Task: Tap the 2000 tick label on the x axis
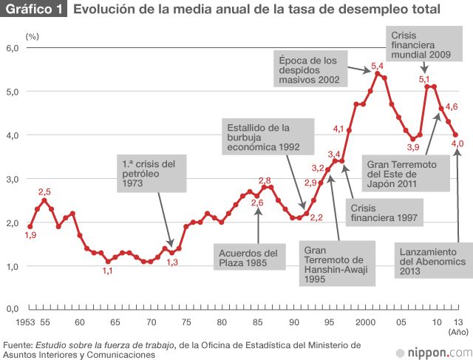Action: tap(365, 322)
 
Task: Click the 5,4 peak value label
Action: tap(377, 67)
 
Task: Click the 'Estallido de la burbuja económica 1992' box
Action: tap(263, 137)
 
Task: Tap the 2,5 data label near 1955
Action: tap(44, 192)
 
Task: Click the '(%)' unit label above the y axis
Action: tap(32, 35)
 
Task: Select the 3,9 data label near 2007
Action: tap(413, 147)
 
